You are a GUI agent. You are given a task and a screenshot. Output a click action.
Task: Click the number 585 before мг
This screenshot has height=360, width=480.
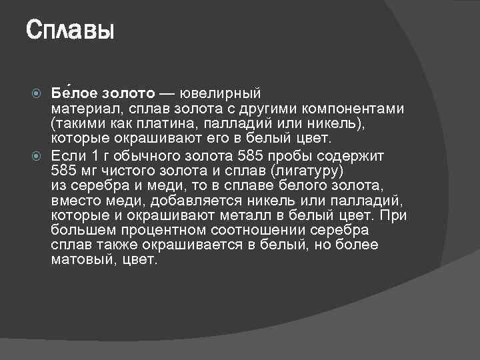[65, 171]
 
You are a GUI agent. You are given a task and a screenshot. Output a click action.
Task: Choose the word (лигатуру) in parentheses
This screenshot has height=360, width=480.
[304, 171]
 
